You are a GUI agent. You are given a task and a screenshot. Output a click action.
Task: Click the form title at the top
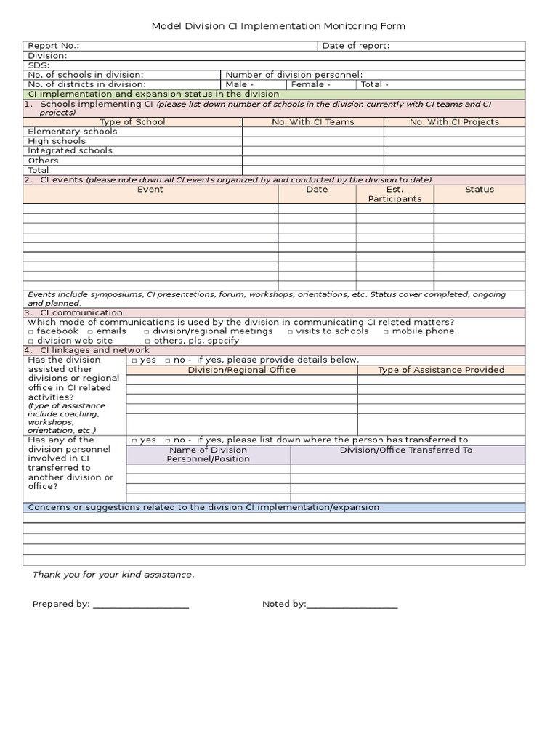point(278,26)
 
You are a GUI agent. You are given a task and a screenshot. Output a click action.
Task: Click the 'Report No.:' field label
point(53,46)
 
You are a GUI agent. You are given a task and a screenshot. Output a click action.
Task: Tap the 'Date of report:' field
point(356,46)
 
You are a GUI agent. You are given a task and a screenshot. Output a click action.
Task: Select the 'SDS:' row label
point(39,65)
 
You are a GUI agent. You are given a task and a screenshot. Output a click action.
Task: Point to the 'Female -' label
point(310,84)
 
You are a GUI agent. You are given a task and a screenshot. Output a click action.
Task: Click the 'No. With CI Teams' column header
point(313,122)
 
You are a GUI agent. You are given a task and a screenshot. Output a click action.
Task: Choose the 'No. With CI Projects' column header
point(454,122)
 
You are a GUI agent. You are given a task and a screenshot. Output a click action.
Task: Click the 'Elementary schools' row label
point(72,132)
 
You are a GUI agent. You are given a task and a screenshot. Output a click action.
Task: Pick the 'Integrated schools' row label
point(70,150)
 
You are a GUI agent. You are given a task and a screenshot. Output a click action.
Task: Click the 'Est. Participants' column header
point(395,194)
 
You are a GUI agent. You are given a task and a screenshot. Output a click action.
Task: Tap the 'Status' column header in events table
point(480,190)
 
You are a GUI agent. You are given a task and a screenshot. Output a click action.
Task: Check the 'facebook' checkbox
point(31,331)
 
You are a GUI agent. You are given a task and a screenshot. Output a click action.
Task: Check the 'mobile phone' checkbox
point(387,331)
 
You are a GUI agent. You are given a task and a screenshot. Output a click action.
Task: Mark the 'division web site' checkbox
point(31,341)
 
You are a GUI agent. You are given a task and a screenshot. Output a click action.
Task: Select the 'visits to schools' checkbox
point(291,331)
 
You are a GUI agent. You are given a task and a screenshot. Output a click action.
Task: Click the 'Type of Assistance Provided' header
point(441,370)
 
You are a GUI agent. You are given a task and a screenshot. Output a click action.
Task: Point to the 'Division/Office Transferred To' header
point(406,450)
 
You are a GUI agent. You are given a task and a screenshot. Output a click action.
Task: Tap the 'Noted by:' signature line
point(352,604)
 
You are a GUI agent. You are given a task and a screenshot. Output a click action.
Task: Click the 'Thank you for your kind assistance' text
point(113,575)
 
